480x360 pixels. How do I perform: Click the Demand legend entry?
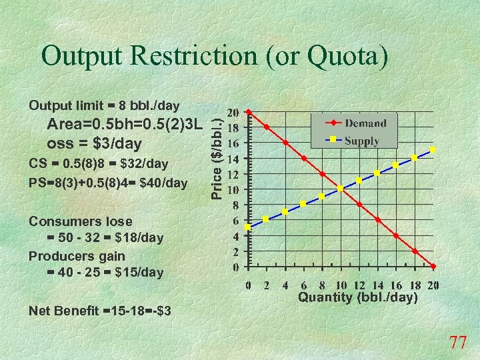click(365, 123)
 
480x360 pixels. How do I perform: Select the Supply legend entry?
click(362, 141)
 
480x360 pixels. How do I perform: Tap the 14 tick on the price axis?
click(234, 159)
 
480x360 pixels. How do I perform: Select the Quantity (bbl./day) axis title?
click(358, 297)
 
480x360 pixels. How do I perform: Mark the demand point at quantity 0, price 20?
click(248, 111)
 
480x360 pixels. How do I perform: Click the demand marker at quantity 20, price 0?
click(433, 267)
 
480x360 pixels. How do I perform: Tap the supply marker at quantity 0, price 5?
click(248, 227)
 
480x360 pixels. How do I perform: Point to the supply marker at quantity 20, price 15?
click(433, 150)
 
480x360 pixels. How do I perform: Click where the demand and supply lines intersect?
click(341, 189)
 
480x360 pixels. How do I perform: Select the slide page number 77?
click(458, 343)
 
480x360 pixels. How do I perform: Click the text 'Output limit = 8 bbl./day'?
click(104, 105)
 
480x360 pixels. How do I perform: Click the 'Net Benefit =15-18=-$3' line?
click(100, 311)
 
